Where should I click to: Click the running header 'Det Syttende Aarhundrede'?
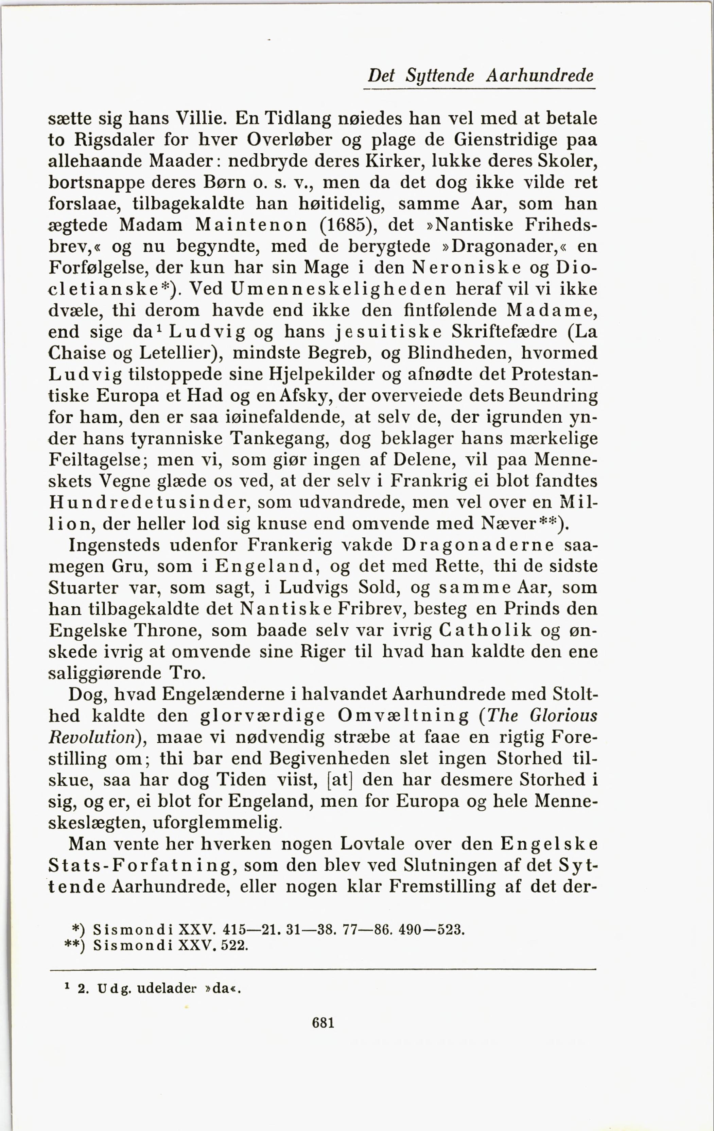481,75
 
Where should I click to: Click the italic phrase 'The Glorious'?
542,716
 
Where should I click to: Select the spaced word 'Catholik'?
485,630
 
